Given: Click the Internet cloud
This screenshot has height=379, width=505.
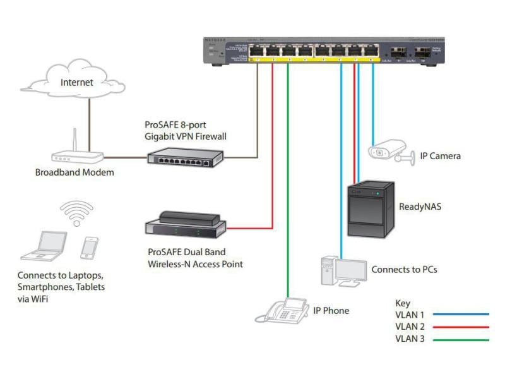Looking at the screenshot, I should [76, 82].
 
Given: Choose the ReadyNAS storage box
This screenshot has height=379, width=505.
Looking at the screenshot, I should [371, 209].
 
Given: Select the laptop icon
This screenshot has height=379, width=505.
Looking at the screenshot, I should [44, 246].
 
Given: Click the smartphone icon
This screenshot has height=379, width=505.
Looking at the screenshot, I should [90, 247].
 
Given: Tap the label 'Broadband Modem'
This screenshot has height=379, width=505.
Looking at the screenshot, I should [74, 172].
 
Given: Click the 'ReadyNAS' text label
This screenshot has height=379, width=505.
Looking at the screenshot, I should [420, 207].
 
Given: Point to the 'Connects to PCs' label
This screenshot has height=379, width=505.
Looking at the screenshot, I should [404, 270].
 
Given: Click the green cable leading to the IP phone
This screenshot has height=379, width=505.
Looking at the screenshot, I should [288, 189].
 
